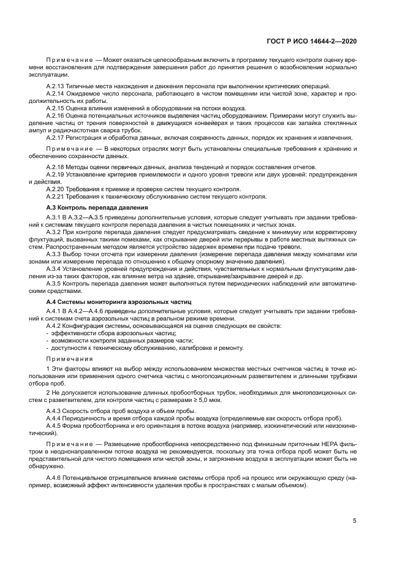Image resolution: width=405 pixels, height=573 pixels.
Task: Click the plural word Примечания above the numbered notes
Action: pos(69,359)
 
